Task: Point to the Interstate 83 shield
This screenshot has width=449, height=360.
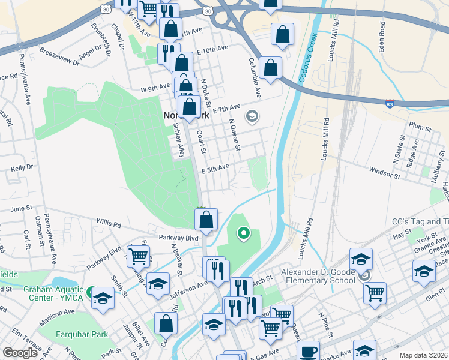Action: [x=390, y=104]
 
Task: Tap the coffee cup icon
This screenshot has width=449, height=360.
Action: [x=309, y=351]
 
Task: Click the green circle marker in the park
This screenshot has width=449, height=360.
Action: [x=243, y=232]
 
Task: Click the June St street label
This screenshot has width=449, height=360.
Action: [x=20, y=208]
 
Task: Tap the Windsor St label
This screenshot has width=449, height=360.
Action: [x=384, y=173]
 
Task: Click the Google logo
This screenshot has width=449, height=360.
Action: [x=20, y=353]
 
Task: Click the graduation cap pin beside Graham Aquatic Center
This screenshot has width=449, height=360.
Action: [x=103, y=298]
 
